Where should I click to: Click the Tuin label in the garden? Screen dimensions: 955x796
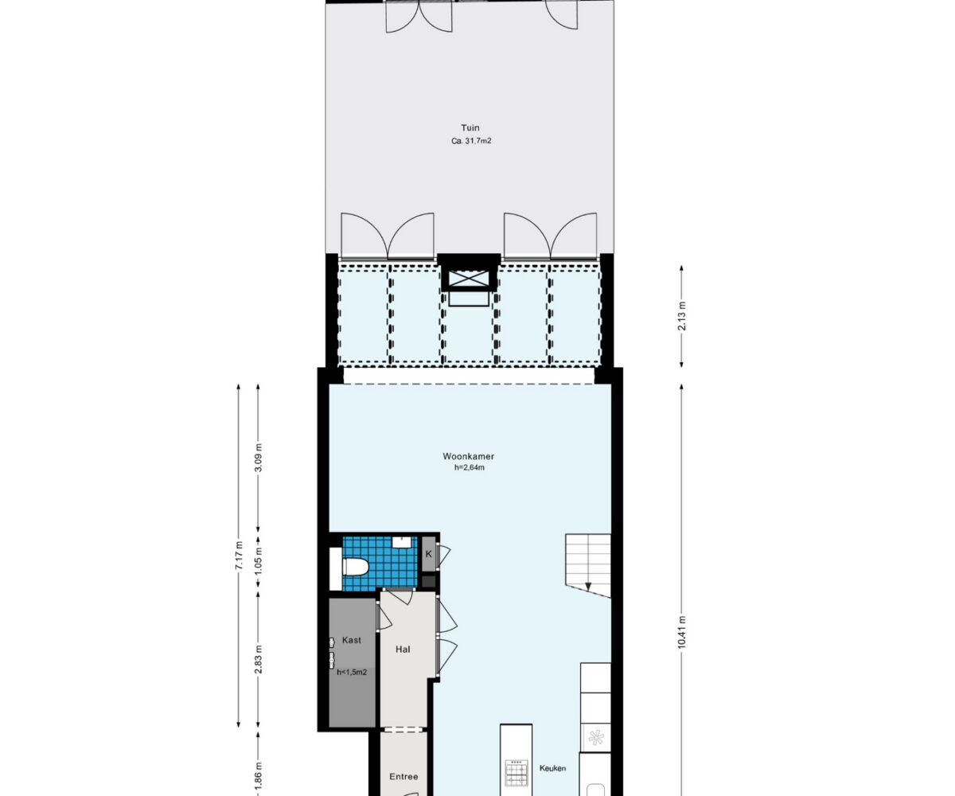pyautogui.click(x=470, y=127)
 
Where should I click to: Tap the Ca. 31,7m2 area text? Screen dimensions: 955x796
pyautogui.click(x=471, y=141)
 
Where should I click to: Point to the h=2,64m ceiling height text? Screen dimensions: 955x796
pyautogui.click(x=470, y=467)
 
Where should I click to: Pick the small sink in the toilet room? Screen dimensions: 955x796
pyautogui.click(x=402, y=542)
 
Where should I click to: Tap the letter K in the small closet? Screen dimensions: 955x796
pyautogui.click(x=429, y=555)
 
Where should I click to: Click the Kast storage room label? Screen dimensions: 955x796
pyautogui.click(x=351, y=640)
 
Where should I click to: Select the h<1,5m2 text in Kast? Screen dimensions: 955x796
pyautogui.click(x=352, y=672)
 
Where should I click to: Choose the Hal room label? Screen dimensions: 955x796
pyautogui.click(x=403, y=650)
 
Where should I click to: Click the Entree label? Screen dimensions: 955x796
pyautogui.click(x=403, y=776)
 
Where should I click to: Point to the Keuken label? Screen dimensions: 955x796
pyautogui.click(x=552, y=768)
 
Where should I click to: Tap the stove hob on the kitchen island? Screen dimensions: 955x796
pyautogui.click(x=516, y=772)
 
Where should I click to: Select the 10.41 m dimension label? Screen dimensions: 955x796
pyautogui.click(x=682, y=632)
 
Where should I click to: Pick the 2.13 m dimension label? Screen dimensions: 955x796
pyautogui.click(x=682, y=316)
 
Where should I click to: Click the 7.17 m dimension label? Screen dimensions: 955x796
pyautogui.click(x=238, y=556)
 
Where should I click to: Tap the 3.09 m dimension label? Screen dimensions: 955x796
pyautogui.click(x=258, y=458)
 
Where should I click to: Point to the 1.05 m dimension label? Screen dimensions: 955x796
pyautogui.click(x=258, y=562)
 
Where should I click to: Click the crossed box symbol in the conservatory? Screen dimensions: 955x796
pyautogui.click(x=469, y=279)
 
